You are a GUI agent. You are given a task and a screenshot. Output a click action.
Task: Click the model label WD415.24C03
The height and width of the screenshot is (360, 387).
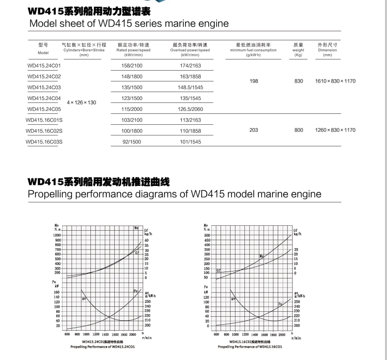[x=44, y=88]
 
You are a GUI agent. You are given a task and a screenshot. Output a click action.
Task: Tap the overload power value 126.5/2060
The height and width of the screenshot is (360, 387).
[x=190, y=109]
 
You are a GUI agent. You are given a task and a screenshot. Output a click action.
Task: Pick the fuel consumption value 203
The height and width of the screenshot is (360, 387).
[x=254, y=130]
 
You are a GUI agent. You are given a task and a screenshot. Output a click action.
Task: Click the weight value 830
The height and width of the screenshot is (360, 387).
[x=299, y=81]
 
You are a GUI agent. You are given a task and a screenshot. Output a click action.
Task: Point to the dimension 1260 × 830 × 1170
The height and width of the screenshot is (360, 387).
[x=335, y=130]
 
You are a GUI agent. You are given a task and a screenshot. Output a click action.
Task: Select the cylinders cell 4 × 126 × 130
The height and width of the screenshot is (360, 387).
[x=81, y=102]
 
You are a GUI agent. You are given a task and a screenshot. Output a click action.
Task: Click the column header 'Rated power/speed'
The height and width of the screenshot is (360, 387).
[x=133, y=50]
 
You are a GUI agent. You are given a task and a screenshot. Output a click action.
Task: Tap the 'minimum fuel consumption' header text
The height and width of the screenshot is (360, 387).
[x=253, y=50]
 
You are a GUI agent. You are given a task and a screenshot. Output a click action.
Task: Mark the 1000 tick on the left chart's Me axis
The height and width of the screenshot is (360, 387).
[x=57, y=235]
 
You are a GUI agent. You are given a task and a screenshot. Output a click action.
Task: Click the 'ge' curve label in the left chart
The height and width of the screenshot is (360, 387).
[x=84, y=298]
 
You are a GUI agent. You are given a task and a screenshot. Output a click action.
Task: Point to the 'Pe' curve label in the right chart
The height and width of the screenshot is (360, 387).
[x=281, y=304]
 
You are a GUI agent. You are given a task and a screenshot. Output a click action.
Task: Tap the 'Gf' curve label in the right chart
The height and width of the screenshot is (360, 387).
[x=218, y=270]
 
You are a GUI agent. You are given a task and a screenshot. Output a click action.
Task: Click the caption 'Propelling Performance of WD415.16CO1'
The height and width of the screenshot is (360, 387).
[x=250, y=347]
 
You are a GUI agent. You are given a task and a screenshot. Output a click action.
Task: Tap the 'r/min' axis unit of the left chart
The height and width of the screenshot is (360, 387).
[x=147, y=338]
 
